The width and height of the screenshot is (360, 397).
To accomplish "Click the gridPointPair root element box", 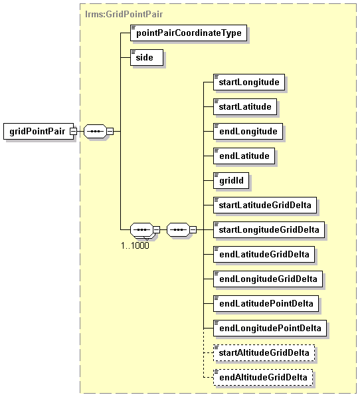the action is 39,132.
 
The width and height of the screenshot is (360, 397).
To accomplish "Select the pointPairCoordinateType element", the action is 189,33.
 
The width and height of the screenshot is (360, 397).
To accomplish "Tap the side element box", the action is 147,57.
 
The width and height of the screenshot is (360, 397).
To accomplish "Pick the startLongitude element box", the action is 249,82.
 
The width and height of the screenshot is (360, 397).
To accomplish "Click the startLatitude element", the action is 245,106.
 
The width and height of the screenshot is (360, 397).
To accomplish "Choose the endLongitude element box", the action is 248,132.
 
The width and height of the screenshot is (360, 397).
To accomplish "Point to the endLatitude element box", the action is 244,156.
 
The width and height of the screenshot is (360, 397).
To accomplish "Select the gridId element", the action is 231,180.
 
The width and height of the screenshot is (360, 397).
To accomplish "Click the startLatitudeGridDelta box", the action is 265,205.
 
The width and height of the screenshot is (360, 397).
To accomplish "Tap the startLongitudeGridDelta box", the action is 269,229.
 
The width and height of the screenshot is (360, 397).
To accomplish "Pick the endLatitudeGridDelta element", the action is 264,254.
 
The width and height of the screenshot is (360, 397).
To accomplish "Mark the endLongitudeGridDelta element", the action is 268,279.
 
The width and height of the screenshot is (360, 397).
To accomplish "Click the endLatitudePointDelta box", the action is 266,303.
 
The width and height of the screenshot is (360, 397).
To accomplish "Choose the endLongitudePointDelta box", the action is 270,328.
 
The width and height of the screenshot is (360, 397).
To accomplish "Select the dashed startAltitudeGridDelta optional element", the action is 264,352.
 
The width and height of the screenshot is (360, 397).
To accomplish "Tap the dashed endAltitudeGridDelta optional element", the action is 263,377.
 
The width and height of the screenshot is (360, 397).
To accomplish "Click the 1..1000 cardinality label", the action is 135,245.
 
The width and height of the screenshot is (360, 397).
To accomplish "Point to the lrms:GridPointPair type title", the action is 124,14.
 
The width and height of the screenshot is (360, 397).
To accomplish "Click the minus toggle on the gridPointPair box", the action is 73,132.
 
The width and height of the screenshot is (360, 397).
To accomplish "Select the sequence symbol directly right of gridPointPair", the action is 95,132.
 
